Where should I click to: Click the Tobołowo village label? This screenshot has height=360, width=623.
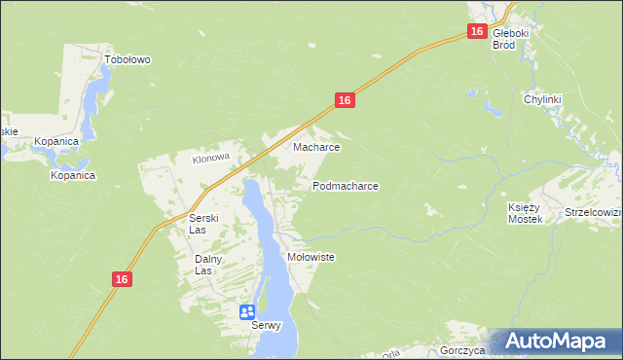pos(128,59)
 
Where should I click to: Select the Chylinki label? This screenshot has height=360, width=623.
pos(544,99)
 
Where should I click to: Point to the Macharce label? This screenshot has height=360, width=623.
pos(316,148)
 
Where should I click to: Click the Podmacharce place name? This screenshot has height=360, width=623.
pos(345,185)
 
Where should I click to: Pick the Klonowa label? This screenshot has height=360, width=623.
pos(209,158)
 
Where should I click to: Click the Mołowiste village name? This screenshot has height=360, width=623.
pos(311,257)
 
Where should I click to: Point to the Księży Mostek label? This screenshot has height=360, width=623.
pos(525,213)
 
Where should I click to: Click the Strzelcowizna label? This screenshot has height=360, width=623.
pos(593,212)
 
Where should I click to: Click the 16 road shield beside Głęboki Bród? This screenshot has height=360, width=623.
pos(476,32)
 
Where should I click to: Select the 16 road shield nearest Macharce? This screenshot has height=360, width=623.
pos(345,100)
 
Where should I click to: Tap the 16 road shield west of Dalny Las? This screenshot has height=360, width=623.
pos(121,279)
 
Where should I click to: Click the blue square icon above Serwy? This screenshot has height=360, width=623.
pos(247,311)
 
